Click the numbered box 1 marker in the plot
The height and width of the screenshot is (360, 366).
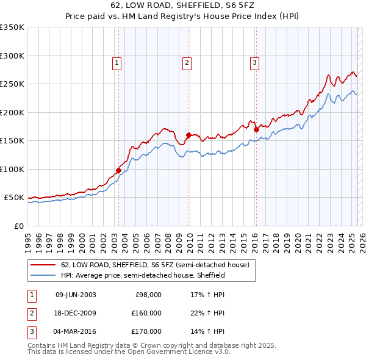[117, 62]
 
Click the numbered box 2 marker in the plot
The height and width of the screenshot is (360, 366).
[187, 62]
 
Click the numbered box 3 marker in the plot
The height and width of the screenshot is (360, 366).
[254, 62]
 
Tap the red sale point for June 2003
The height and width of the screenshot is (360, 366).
[118, 170]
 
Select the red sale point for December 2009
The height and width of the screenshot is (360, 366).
[189, 135]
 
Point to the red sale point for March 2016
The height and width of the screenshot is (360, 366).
[256, 129]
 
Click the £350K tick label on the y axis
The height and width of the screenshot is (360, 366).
[12, 27]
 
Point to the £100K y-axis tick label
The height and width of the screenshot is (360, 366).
[12, 169]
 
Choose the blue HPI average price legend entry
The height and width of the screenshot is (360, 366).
[143, 276]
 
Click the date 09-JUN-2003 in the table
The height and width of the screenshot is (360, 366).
[76, 295]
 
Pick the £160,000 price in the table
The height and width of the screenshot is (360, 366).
[147, 313]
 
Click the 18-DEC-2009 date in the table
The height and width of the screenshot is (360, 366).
[76, 313]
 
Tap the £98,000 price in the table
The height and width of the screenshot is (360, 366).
[149, 295]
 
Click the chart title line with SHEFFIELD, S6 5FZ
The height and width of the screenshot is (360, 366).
[183, 6]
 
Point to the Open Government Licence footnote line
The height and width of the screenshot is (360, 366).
[129, 352]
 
